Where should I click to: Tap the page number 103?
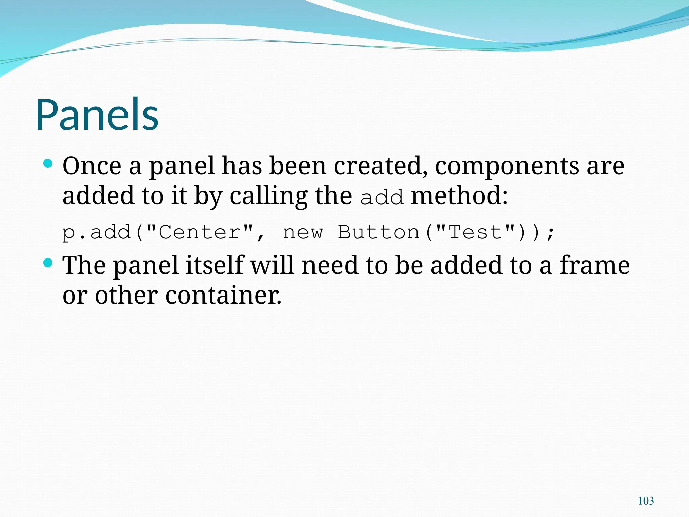pyautogui.click(x=646, y=501)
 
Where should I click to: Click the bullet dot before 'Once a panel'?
pyautogui.click(x=48, y=164)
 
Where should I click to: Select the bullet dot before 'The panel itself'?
pyautogui.click(x=48, y=263)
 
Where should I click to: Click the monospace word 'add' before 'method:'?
pyautogui.click(x=382, y=197)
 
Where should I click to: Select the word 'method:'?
pyautogui.click(x=459, y=196)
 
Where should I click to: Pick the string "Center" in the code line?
pyautogui.click(x=200, y=232)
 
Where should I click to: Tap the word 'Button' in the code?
pyautogui.click(x=378, y=232)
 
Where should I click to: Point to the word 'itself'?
pyautogui.click(x=214, y=265)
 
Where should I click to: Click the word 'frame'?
pyautogui.click(x=594, y=265)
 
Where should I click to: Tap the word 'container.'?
pyautogui.click(x=223, y=295)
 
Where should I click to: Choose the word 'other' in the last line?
pyautogui.click(x=126, y=295)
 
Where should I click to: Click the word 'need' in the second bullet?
pyautogui.click(x=330, y=265)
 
